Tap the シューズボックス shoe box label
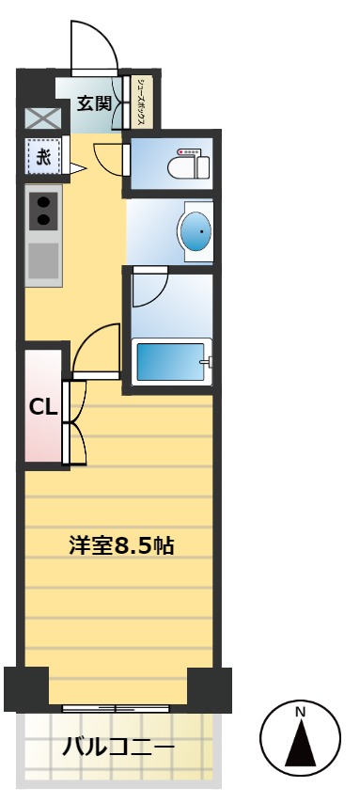click(141, 102)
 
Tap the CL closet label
click(43, 407)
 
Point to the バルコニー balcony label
click(117, 748)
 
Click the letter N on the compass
click(301, 712)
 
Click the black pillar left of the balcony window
click(25, 688)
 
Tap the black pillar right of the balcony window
click(209, 688)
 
